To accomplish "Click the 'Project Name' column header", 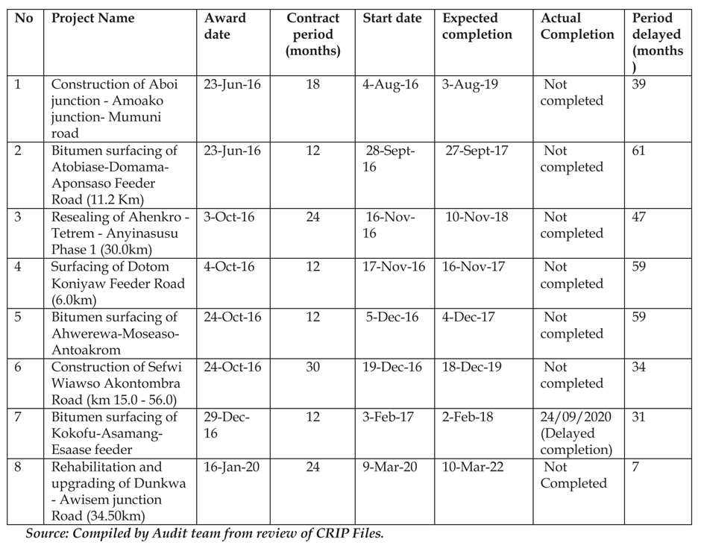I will pyautogui.click(x=92, y=19).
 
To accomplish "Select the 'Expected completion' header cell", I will pyautogui.click(x=477, y=26).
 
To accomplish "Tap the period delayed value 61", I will pyautogui.click(x=639, y=151).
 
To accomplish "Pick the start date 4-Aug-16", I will pyautogui.click(x=390, y=84).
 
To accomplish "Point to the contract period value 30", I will pyautogui.click(x=312, y=367).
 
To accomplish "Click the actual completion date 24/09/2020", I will pyautogui.click(x=576, y=417).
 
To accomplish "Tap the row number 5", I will pyautogui.click(x=18, y=317).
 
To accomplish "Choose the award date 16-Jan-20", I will pyautogui.click(x=232, y=467).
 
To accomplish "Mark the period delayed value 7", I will pyautogui.click(x=635, y=467).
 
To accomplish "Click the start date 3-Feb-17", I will pyautogui.click(x=392, y=417).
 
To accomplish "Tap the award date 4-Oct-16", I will pyautogui.click(x=229, y=267).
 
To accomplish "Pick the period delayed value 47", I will pyautogui.click(x=639, y=217).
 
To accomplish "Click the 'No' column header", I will pyautogui.click(x=24, y=19).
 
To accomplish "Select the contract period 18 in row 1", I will pyautogui.click(x=312, y=84).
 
